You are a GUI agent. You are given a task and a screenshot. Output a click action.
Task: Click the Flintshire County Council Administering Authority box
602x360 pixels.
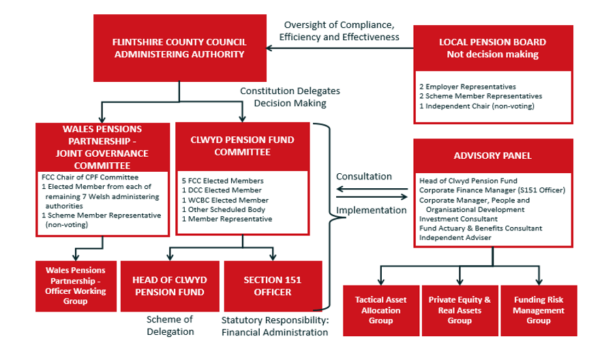click(x=179, y=48)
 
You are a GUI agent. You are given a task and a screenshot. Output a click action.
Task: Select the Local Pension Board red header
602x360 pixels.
click(x=492, y=48)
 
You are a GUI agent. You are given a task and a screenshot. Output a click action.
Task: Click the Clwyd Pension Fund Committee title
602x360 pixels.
click(x=243, y=146)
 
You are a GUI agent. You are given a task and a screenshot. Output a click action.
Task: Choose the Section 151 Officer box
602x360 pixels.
click(x=272, y=286)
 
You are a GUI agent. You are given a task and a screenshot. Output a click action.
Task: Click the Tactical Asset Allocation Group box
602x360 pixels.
click(x=380, y=310)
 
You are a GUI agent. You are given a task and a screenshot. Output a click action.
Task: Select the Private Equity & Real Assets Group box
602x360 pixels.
click(x=460, y=310)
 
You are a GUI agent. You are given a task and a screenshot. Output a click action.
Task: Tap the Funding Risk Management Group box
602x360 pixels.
click(x=539, y=310)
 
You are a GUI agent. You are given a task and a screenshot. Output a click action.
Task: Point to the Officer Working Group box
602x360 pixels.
click(x=76, y=286)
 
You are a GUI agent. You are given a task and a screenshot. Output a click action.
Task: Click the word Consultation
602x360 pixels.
click(x=364, y=177)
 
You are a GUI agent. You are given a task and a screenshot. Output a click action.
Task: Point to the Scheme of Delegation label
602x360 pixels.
click(x=170, y=325)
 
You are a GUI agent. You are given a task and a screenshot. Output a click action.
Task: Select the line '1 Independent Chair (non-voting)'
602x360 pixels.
click(x=468, y=106)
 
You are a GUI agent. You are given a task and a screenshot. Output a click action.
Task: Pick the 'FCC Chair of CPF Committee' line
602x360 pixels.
click(x=90, y=177)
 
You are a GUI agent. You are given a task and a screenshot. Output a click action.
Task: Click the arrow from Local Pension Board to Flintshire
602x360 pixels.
click(x=341, y=48)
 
